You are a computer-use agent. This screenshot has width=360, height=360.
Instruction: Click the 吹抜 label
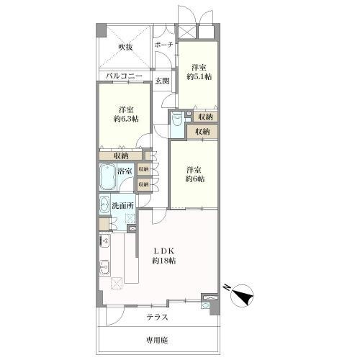pos(125,48)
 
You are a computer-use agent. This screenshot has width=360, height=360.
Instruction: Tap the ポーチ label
pos(164,45)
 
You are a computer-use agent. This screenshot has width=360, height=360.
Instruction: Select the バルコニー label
pos(124,76)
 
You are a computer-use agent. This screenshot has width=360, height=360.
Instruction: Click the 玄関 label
pos(162,81)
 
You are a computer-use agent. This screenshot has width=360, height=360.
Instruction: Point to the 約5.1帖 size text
pos(199,76)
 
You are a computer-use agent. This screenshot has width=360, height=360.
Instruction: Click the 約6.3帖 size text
pos(126,119)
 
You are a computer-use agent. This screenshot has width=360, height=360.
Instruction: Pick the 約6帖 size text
pos(195,179)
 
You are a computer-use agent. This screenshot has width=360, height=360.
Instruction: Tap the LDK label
pos(163,251)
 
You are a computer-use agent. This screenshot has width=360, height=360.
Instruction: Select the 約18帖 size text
pos(163,261)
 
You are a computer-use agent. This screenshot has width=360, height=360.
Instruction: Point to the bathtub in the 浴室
pos(107,177)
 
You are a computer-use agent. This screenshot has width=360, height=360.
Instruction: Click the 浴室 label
pos(125,171)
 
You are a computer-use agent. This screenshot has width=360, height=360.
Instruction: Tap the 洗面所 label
pos(122,206)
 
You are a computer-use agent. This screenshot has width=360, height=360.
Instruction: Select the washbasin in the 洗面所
pos(104,204)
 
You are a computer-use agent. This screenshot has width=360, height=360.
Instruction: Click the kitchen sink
pos(104,267)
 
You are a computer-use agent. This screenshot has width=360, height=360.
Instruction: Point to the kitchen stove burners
pos(104,241)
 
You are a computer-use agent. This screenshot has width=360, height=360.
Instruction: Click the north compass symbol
pos(240,295)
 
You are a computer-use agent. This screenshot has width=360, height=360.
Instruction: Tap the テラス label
pos(157,318)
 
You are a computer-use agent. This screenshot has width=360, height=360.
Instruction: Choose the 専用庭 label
pos(157,340)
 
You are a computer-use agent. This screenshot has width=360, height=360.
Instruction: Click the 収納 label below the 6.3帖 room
pos(121,156)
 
